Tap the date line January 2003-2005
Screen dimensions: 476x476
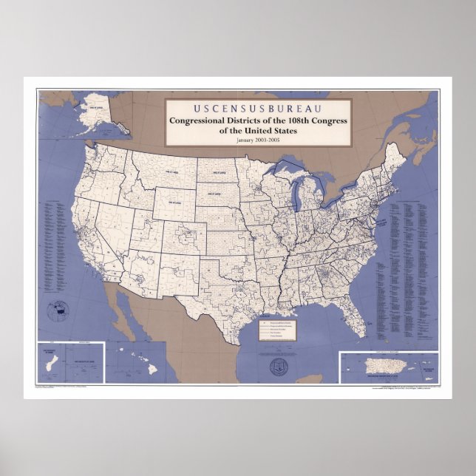click(x=259, y=140)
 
